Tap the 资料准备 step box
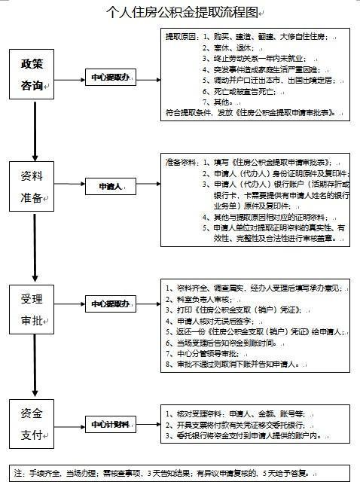click(x=35, y=185)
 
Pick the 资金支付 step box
click(x=35, y=425)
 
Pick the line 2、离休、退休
click(x=230, y=47)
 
